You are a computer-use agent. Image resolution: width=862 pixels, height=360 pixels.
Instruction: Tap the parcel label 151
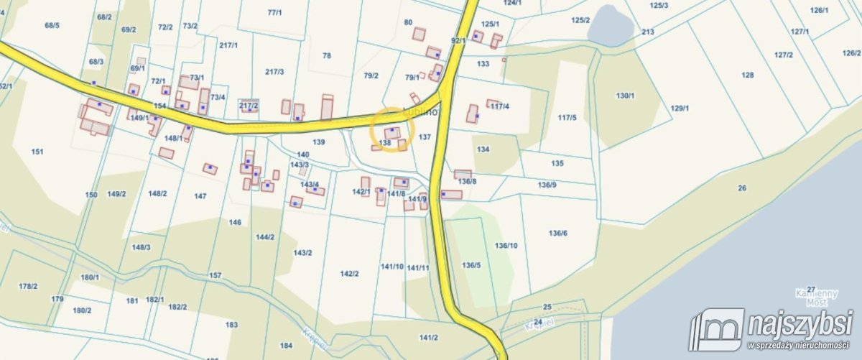37,152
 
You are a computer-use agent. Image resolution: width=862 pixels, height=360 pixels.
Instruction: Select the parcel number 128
748,75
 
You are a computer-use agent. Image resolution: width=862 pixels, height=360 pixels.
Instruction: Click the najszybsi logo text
800,324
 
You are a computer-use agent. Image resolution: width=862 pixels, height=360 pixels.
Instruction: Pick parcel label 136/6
558,233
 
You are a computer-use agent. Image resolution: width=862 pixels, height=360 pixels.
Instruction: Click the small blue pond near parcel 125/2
610,27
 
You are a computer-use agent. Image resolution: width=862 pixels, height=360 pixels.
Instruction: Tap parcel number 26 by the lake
741,189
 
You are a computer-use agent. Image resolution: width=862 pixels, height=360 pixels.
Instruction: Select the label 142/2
349,274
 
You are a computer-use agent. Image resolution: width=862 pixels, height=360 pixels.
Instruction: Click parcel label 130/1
626,96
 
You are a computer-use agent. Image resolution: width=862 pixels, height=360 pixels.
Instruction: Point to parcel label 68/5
52,26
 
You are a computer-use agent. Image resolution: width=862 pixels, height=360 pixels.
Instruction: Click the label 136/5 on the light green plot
471,265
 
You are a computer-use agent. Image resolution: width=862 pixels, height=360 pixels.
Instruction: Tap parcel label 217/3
274,72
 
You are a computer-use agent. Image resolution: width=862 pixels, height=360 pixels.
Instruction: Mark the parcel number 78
327,55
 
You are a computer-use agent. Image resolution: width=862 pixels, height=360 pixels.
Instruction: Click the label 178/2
28,286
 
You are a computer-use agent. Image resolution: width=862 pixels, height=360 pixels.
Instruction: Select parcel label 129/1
680,109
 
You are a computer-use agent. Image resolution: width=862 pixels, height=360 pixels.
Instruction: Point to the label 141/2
429,337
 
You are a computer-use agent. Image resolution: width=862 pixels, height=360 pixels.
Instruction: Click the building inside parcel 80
419,34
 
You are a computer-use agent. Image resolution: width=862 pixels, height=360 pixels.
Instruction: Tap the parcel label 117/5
567,117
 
